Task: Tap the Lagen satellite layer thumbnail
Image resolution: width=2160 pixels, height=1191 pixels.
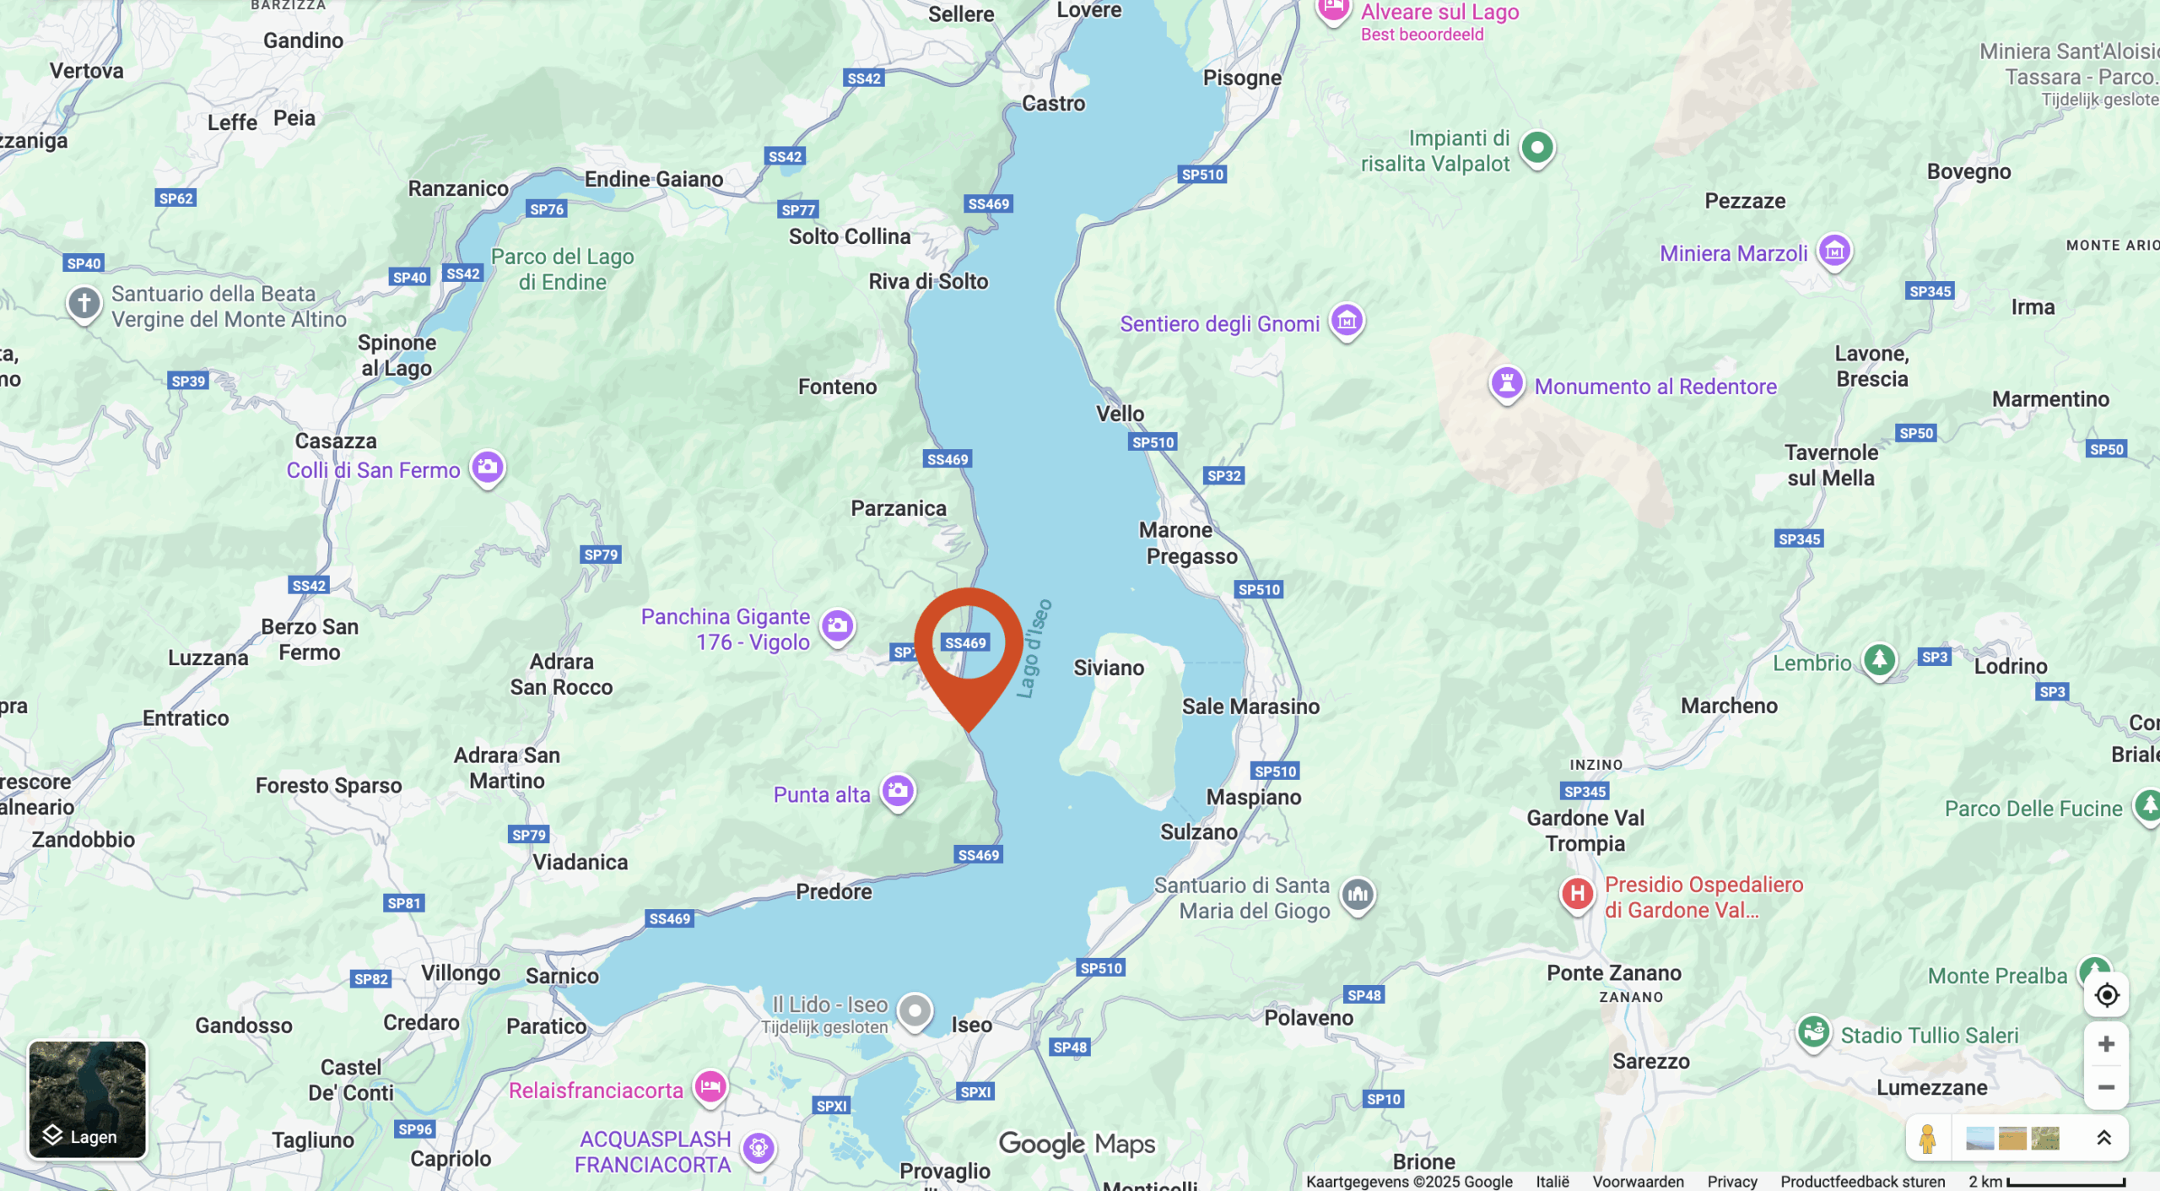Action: [87, 1099]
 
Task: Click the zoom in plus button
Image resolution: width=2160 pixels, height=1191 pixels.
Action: [2105, 1044]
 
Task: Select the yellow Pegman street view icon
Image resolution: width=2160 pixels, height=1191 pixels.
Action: [1926, 1139]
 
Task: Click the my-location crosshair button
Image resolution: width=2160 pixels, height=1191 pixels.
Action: [2106, 995]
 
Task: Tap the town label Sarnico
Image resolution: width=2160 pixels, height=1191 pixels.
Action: [562, 976]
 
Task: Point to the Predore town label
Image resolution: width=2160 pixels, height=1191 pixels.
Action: [834, 891]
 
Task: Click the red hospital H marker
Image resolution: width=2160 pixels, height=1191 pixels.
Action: [1576, 894]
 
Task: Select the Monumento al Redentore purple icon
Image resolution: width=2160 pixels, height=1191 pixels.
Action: [1507, 383]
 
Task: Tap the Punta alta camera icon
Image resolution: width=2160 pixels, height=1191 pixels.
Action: [898, 791]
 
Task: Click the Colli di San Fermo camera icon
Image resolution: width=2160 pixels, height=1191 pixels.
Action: [488, 467]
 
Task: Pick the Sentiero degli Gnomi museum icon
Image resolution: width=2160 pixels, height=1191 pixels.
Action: [1347, 321]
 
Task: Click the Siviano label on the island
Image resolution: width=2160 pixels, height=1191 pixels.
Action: [1109, 668]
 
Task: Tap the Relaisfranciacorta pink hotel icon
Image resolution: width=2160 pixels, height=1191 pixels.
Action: [710, 1086]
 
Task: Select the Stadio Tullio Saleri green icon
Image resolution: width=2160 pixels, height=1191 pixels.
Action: [1813, 1031]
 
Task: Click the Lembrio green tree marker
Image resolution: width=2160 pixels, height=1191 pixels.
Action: [1879, 659]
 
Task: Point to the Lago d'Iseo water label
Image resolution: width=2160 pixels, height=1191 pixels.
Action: [1034, 649]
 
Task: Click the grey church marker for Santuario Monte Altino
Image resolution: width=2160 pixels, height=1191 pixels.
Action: [84, 302]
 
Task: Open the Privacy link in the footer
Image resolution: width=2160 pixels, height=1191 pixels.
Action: [1731, 1182]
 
